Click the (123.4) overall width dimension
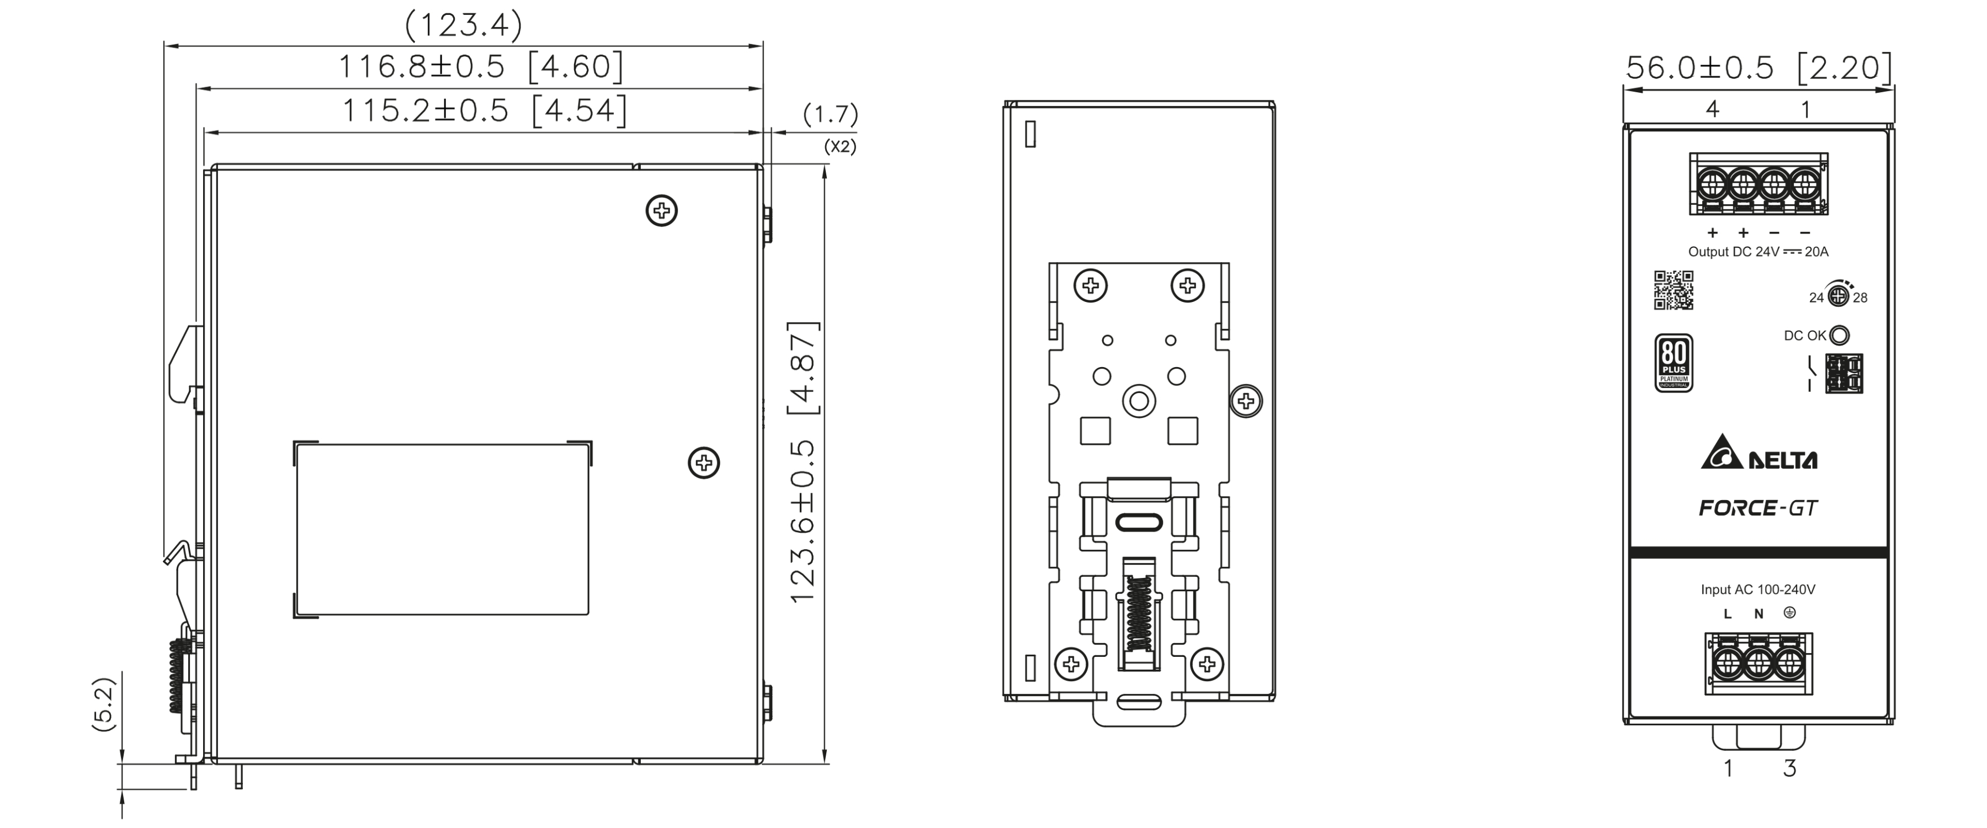point(464,25)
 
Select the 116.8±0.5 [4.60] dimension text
point(481,67)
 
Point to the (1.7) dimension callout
point(830,115)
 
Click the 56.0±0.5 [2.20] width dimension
point(1758,68)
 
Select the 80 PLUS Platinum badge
point(1674,363)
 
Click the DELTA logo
point(1758,453)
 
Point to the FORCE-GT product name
point(1758,508)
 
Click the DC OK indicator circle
point(1840,336)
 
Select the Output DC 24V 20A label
point(1758,252)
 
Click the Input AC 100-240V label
point(1758,590)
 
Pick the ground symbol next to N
point(1789,613)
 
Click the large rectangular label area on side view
point(442,529)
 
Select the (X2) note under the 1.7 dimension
point(840,147)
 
